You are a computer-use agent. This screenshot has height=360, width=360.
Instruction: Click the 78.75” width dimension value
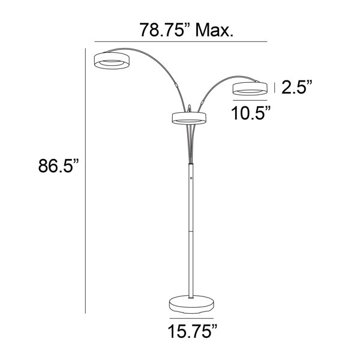pyautogui.click(x=166, y=30)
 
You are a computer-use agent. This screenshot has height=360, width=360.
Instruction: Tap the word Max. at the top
pyautogui.click(x=214, y=30)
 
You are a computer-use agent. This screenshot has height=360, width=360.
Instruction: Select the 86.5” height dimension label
pyautogui.click(x=59, y=166)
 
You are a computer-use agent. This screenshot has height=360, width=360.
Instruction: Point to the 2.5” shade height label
pyautogui.click(x=297, y=87)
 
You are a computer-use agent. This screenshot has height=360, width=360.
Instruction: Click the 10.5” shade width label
pyautogui.click(x=251, y=113)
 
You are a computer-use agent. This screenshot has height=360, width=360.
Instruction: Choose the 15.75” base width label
pyautogui.click(x=193, y=331)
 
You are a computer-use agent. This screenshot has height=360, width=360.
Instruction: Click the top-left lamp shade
pyautogui.click(x=112, y=61)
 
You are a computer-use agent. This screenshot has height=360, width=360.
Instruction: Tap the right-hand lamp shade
pyautogui.click(x=250, y=89)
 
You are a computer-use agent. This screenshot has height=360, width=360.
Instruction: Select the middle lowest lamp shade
pyautogui.click(x=189, y=118)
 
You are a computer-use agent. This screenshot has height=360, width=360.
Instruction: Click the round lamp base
pyautogui.click(x=191, y=304)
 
